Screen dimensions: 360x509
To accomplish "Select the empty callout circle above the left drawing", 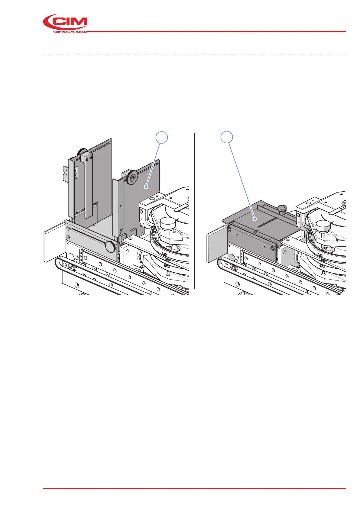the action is click(x=162, y=138).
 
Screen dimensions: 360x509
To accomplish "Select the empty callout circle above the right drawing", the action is click(x=227, y=138).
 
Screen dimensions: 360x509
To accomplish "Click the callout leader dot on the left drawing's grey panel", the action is click(x=146, y=187).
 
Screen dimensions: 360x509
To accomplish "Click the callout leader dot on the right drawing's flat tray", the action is click(x=255, y=219).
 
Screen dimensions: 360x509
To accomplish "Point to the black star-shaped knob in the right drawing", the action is click(x=281, y=209).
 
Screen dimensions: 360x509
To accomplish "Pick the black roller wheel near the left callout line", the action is click(x=132, y=177).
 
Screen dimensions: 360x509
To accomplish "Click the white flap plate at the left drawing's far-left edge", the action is click(x=54, y=242).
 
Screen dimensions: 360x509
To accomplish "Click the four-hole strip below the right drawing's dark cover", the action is click(x=242, y=257).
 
